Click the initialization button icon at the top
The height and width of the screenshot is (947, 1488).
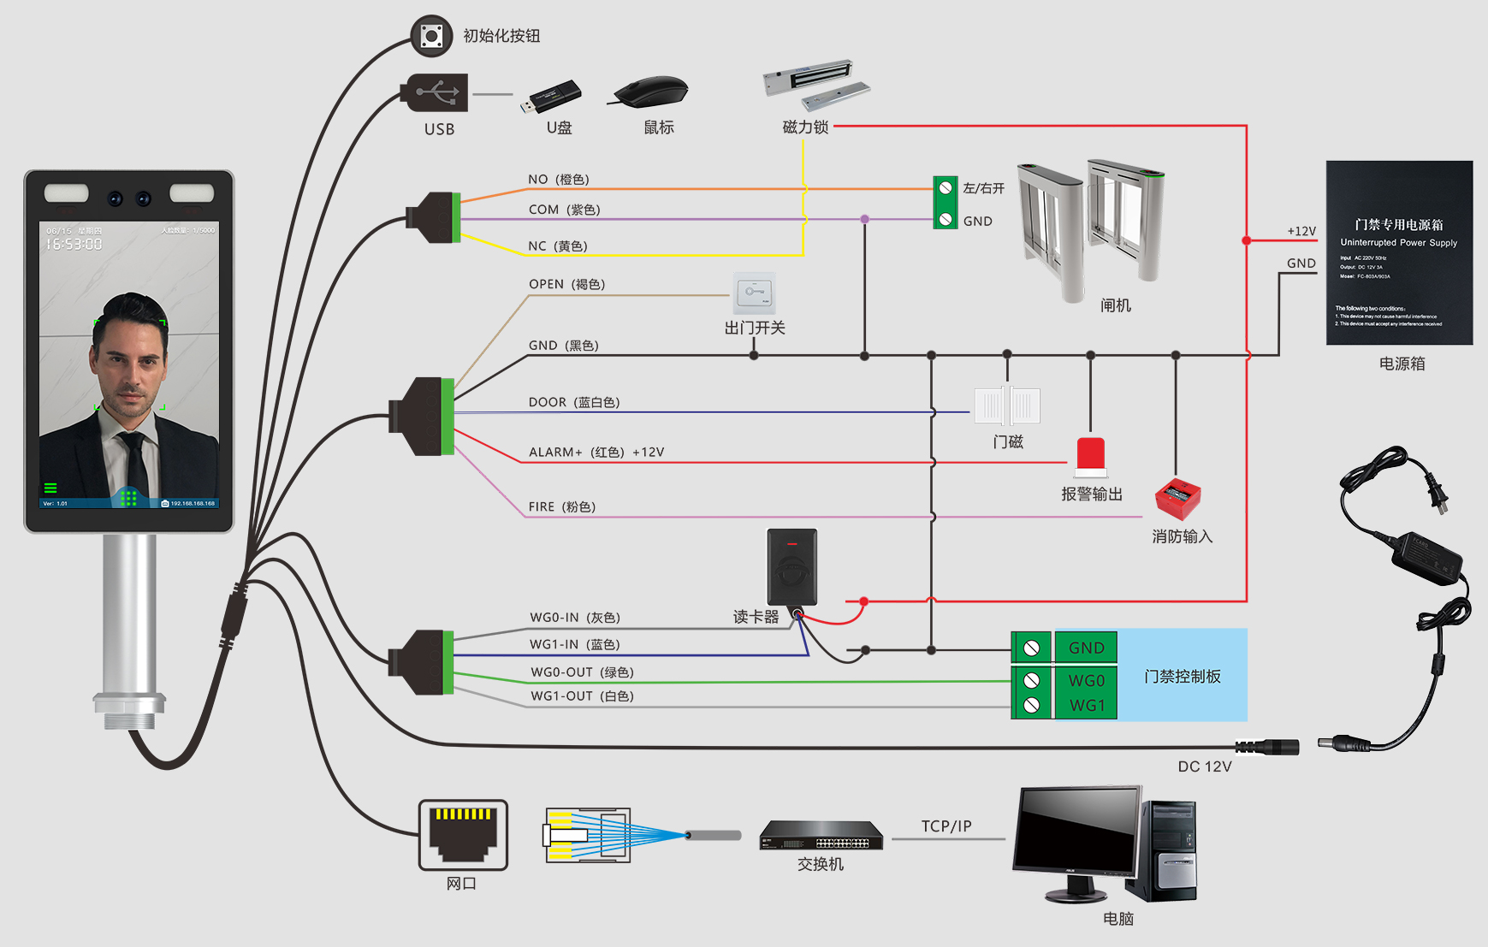point(431,36)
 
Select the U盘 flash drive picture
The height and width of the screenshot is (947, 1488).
point(554,97)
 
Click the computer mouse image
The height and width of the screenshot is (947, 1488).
point(652,91)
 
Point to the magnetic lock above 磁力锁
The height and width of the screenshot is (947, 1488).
point(815,84)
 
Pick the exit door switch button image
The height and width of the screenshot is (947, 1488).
point(754,293)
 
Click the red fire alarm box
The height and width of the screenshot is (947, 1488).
point(1177,499)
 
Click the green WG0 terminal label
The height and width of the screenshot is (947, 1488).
point(1086,681)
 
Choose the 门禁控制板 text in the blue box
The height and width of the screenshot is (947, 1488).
point(1182,677)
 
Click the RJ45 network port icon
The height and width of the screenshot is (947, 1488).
point(463,835)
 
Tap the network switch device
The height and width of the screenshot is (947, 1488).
point(821,836)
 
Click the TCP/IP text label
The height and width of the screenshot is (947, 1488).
point(946,826)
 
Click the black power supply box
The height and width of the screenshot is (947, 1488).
point(1399,253)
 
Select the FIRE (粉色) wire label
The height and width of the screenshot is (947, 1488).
point(561,507)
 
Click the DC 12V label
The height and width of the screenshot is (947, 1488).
point(1204,766)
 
